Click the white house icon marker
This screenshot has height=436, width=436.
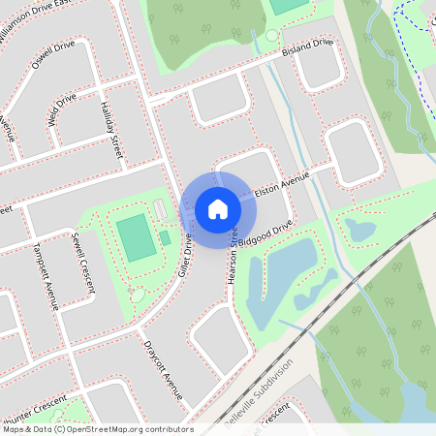(218, 208)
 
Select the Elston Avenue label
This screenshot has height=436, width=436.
(280, 185)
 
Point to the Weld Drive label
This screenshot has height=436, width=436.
(61, 110)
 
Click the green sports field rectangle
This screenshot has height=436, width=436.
(135, 237)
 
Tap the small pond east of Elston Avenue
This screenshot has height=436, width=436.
(360, 230)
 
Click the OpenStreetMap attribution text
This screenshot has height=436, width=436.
(97, 429)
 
